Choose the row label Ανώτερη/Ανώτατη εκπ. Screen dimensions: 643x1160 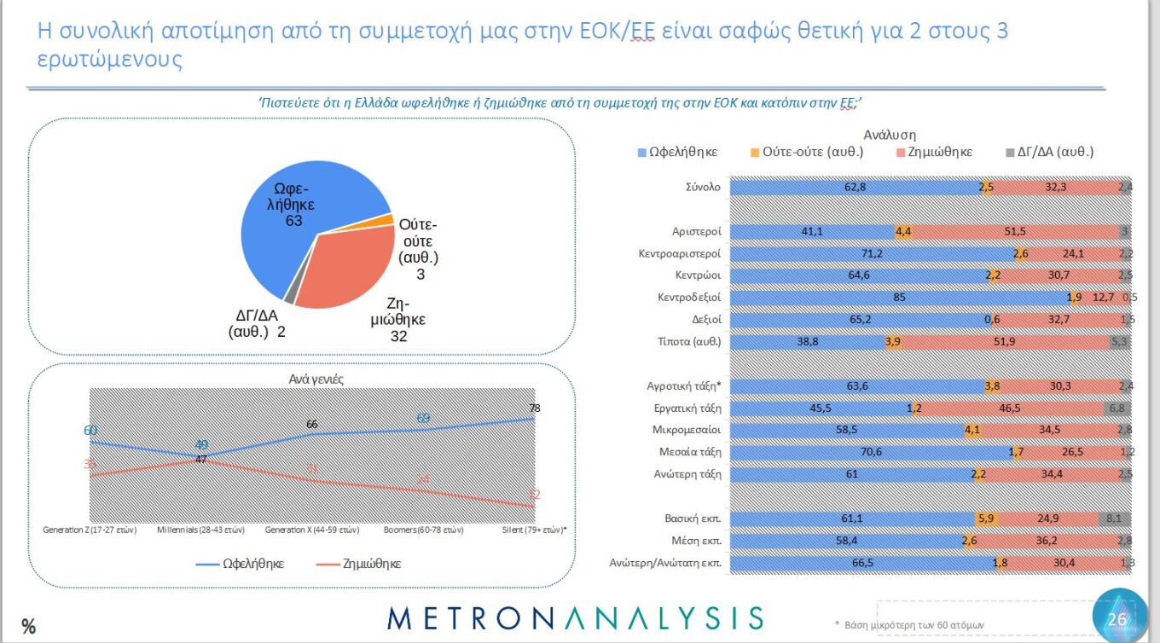pyautogui.click(x=665, y=563)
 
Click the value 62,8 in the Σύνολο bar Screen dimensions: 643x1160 pyautogui.click(x=855, y=187)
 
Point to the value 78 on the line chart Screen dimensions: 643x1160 pyautogui.click(x=534, y=408)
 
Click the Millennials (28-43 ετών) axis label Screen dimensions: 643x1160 pyautogui.click(x=201, y=530)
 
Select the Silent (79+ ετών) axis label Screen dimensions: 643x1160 pyautogui.click(x=535, y=530)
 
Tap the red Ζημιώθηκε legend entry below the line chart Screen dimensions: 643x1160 pyautogui.click(x=358, y=564)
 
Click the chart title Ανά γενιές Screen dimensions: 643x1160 pyautogui.click(x=316, y=379)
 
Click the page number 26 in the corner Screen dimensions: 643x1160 pyautogui.click(x=1116, y=619)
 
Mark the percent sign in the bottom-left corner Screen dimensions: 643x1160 pyautogui.click(x=28, y=627)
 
